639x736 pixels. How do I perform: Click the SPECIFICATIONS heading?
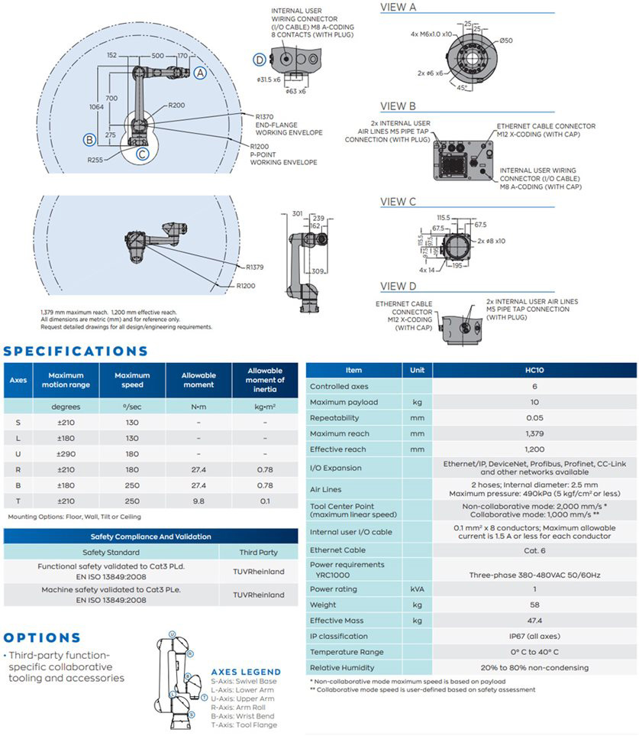76,352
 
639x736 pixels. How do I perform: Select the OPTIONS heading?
42,637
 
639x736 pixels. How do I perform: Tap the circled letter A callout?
200,73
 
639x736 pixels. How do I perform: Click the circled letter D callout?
260,59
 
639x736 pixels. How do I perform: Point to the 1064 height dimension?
95,107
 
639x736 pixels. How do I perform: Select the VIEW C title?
398,202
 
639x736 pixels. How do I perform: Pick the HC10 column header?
534,370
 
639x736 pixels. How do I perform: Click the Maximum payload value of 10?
534,402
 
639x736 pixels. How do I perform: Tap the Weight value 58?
534,605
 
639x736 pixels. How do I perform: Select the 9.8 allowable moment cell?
198,501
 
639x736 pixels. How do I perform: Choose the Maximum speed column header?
132,380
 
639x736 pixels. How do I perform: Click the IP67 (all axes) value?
534,636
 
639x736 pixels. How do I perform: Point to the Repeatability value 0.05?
534,418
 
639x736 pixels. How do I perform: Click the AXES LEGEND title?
246,672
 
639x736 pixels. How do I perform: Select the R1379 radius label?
254,267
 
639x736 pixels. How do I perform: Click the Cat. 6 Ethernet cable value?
534,550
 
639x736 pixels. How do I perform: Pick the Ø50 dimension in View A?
506,41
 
